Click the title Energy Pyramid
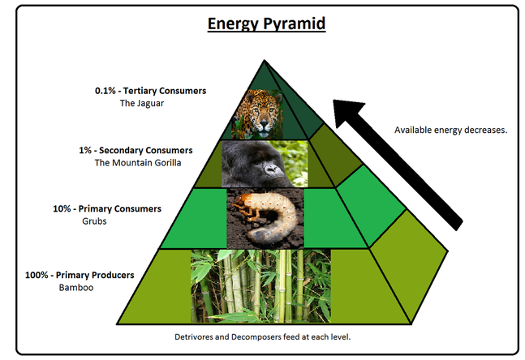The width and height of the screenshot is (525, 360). click(x=266, y=24)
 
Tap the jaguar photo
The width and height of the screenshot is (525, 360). click(x=262, y=114)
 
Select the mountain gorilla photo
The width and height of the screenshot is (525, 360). click(x=265, y=164)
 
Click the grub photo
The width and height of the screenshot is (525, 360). click(x=265, y=218)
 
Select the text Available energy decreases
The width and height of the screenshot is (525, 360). click(x=450, y=130)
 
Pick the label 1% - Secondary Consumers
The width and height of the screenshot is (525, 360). click(x=144, y=150)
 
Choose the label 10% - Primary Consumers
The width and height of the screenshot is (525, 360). click(x=107, y=208)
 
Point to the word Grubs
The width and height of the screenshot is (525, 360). click(x=94, y=221)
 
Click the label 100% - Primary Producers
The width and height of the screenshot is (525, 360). click(x=79, y=275)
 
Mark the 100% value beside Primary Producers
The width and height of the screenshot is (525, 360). click(x=37, y=275)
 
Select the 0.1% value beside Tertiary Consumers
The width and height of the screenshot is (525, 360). click(x=105, y=91)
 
